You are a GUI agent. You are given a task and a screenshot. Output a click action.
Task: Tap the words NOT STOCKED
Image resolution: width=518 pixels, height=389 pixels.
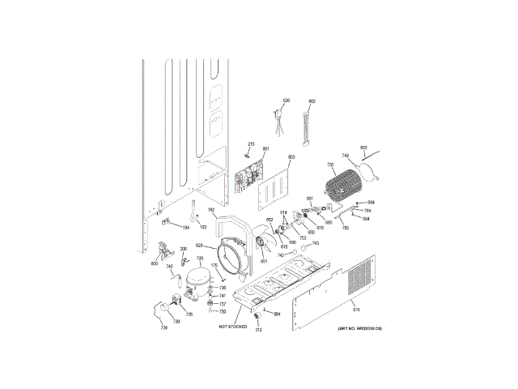[231, 326]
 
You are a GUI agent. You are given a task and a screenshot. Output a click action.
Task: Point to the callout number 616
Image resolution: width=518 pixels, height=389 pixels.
[355, 309]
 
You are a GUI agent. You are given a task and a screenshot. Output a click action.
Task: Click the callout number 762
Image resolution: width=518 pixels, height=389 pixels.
[211, 211]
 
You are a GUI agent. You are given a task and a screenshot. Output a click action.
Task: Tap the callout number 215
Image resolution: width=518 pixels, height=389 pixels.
[251, 144]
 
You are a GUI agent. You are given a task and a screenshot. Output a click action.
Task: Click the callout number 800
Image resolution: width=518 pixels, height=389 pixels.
[155, 263]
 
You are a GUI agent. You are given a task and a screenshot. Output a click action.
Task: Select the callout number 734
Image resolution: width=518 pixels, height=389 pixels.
[163, 327]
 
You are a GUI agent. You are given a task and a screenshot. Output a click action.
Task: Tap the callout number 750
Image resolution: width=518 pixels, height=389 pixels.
[223, 311]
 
